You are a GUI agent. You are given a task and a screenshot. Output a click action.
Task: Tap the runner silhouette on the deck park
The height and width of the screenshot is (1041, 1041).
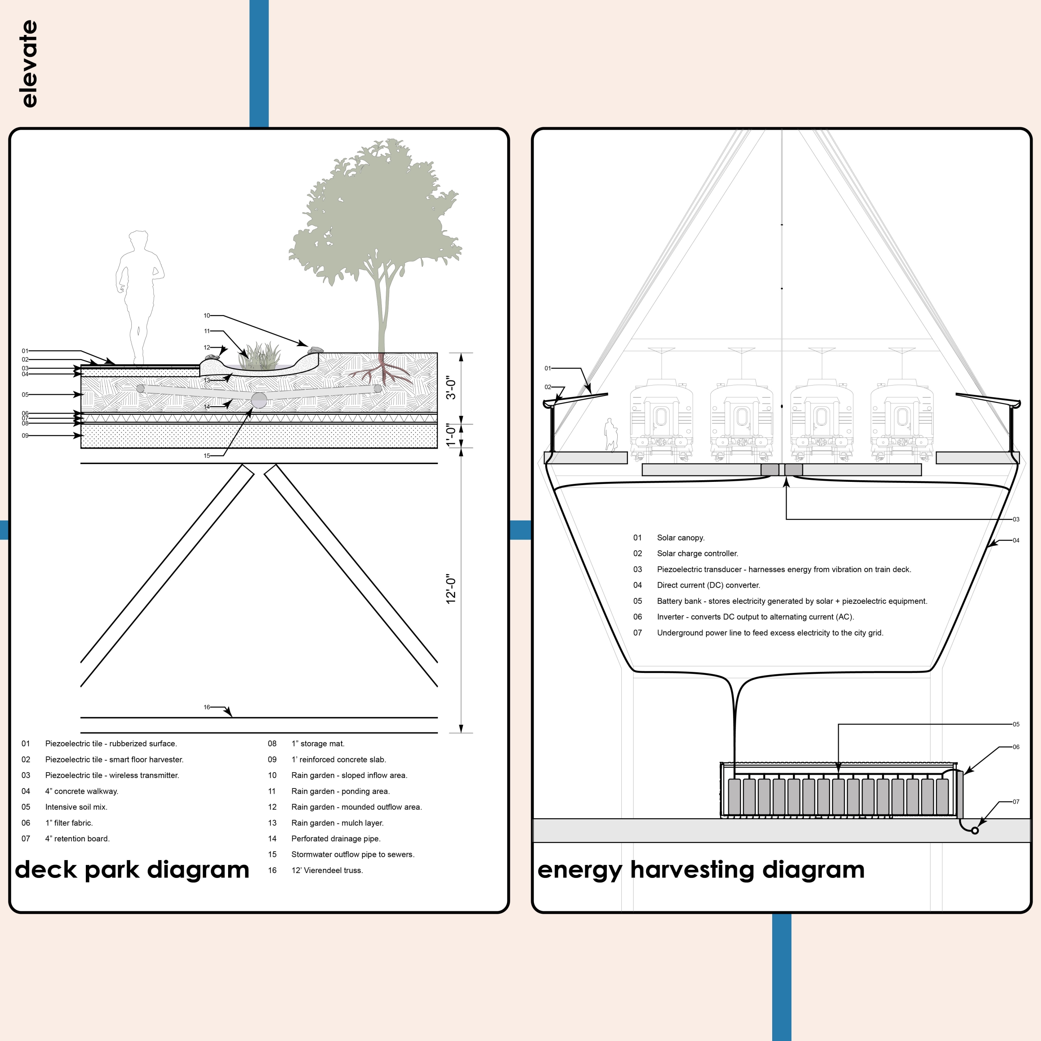pos(139,296)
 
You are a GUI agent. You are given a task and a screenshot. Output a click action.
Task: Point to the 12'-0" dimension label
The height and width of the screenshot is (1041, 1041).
pos(451,588)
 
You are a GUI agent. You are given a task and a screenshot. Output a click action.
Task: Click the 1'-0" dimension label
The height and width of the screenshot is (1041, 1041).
pos(451,436)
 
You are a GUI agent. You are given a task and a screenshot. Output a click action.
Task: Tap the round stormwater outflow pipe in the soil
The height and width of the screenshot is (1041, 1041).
pos(259,401)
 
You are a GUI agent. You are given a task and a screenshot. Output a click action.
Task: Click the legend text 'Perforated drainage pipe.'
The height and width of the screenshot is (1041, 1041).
pos(336,838)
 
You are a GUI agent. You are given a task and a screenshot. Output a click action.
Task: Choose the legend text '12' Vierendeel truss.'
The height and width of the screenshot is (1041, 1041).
pos(327,870)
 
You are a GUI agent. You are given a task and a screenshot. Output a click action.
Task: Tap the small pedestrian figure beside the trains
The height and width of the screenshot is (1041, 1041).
pos(610,434)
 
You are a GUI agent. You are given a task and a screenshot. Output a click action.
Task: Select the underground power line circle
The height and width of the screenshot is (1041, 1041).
pos(974,830)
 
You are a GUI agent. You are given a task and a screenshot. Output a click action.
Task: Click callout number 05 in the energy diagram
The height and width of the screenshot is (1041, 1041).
pos(1016,724)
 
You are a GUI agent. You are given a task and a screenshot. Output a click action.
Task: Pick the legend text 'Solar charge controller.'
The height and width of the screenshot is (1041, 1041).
pos(697,553)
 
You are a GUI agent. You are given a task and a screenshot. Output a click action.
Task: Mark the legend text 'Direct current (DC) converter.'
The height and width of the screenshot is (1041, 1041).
pos(708,585)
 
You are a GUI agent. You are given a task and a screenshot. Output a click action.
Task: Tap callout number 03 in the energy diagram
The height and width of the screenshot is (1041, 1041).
pos(1016,519)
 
